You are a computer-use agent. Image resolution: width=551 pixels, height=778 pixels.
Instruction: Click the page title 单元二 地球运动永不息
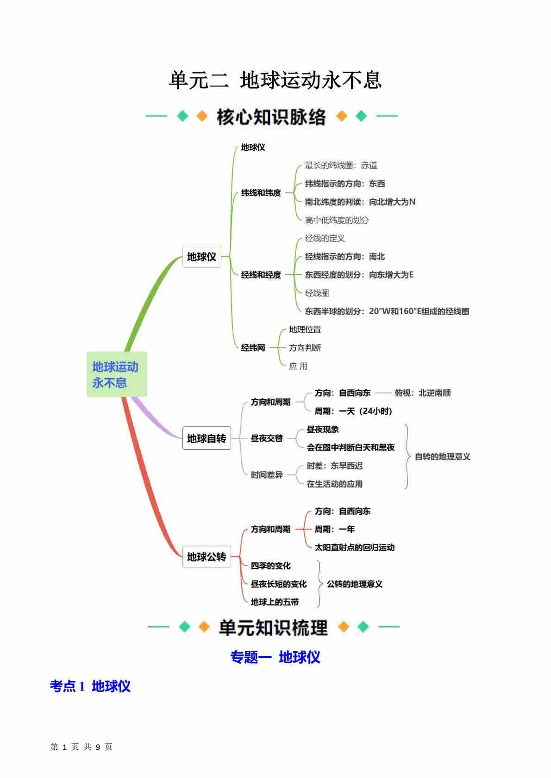point(275,80)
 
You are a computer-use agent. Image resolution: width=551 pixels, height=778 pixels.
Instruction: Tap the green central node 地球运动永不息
point(116,375)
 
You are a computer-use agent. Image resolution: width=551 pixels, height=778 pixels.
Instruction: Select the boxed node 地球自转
point(206,438)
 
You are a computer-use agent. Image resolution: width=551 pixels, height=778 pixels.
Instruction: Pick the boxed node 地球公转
point(206,556)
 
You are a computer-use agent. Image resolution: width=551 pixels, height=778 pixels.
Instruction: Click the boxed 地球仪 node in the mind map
point(201,256)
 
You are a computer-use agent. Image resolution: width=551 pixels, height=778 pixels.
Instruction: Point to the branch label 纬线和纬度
point(261,193)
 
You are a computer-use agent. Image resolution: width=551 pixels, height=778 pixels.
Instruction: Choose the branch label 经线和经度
point(261,275)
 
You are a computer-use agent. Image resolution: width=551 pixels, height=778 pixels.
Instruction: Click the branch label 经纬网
point(253,347)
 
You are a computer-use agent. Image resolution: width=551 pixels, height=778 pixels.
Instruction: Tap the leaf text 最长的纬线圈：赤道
point(341,165)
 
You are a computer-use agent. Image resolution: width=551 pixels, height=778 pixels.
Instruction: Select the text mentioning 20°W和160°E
point(387,311)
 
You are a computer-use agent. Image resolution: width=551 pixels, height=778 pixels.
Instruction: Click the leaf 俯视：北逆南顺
point(422,393)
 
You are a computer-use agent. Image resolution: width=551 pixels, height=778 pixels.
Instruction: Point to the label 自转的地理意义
point(442,457)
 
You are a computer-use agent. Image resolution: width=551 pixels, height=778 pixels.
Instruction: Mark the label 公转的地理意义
point(355,584)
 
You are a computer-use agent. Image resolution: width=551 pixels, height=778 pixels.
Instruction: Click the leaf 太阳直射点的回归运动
point(355,547)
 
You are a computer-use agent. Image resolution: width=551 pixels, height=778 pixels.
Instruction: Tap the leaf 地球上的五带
point(275,602)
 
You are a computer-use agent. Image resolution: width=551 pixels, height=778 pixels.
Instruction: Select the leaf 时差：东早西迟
point(334,466)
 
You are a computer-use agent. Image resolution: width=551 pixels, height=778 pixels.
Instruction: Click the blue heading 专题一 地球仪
point(275,657)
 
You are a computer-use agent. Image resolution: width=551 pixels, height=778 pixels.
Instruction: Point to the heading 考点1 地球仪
point(90,686)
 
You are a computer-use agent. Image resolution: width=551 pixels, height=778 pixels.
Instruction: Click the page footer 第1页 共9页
point(81,747)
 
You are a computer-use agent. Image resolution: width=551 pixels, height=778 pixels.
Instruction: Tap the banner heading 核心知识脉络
point(271,117)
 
